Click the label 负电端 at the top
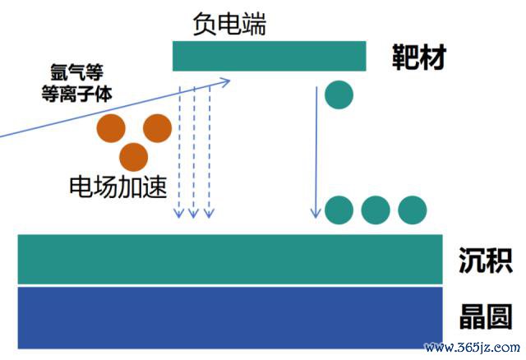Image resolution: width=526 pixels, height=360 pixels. click(229, 24)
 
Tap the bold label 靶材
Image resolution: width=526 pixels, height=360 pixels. click(419, 57)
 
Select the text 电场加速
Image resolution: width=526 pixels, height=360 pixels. click(118, 187)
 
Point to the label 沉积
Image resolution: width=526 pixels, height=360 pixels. click(486, 261)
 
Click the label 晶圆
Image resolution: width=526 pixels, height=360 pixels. click(486, 316)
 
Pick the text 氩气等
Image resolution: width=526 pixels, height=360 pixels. click(76, 72)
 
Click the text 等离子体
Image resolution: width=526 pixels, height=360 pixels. click(76, 93)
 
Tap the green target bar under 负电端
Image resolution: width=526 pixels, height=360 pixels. click(269, 56)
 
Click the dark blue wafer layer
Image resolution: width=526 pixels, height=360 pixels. click(230, 317)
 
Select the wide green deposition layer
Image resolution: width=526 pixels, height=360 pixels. click(230, 260)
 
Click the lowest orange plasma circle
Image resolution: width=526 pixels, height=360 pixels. click(133, 157)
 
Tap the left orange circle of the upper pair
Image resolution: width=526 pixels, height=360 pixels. click(111, 128)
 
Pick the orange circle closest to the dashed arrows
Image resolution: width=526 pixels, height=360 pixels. click(157, 128)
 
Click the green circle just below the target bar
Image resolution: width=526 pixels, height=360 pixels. click(339, 95)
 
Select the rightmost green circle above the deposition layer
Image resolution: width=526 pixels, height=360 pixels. click(413, 210)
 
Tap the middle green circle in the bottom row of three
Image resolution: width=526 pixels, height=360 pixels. click(376, 210)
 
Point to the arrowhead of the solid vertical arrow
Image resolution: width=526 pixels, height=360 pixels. click(316, 214)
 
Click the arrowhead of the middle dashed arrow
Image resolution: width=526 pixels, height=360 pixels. click(194, 214)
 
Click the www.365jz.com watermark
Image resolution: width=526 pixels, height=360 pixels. click(473, 348)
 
